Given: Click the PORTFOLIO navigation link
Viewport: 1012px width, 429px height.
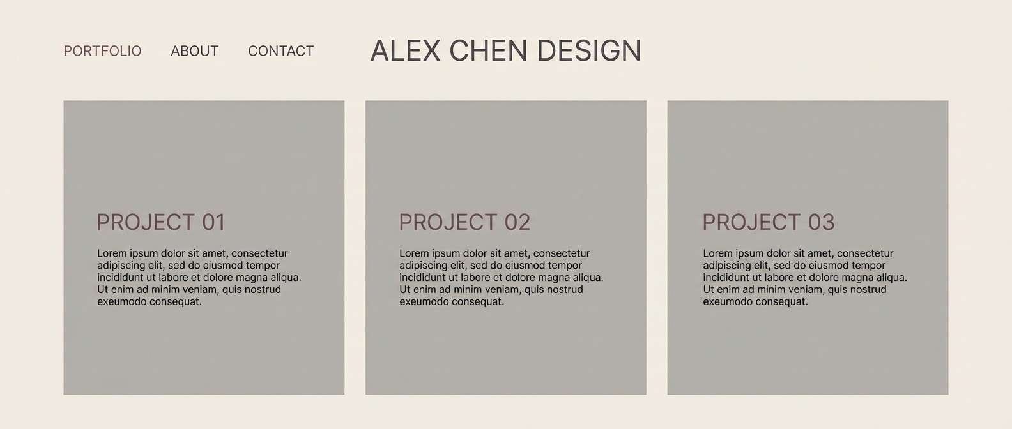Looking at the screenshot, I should click(x=102, y=51).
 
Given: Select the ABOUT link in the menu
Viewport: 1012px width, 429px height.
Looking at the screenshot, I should click(x=195, y=51).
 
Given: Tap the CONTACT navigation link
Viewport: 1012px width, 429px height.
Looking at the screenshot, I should click(x=281, y=51).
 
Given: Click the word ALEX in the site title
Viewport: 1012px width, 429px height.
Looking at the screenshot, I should click(x=406, y=51).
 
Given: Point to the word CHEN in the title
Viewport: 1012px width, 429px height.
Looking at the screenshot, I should click(x=489, y=51).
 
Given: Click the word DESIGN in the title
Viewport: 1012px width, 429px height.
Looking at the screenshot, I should click(x=588, y=51).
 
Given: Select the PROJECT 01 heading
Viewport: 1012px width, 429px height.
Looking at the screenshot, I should click(x=161, y=222).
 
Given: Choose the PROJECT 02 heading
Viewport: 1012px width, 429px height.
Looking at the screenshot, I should click(x=464, y=222).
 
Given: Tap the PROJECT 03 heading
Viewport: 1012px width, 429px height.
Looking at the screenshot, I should click(x=768, y=222).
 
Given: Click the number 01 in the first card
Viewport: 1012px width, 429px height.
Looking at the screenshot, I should click(x=213, y=222).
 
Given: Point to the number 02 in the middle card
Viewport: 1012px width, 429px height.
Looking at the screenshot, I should click(x=517, y=222).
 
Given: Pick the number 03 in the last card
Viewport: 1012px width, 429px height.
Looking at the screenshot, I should click(x=821, y=222).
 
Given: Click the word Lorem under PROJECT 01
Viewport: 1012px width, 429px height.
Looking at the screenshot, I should click(x=112, y=253).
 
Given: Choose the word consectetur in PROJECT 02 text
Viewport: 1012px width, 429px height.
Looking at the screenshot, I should click(x=562, y=253).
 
